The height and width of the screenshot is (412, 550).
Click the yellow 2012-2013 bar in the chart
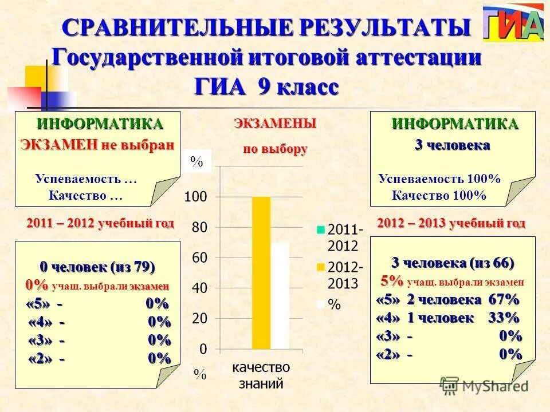pos(261,272)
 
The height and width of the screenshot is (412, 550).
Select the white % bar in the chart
pos(280,295)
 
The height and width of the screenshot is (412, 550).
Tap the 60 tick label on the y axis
pos(199,258)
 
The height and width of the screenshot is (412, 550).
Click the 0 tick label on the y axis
pos(203,348)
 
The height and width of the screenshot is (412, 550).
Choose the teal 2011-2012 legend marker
pos(321,230)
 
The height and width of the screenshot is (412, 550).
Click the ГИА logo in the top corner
pos(513,23)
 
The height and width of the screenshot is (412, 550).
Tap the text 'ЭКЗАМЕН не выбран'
pos(97,144)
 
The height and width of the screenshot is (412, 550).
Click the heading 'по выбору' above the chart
pos(276,149)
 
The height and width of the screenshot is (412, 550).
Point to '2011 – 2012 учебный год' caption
pos(100,223)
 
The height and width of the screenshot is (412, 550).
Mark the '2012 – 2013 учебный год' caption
pos(451,223)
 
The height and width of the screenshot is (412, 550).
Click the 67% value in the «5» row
pos(504,299)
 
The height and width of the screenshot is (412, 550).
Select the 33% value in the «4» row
pos(504,318)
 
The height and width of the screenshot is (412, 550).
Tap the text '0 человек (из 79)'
pos(97,267)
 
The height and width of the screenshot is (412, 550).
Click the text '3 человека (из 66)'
pos(453,263)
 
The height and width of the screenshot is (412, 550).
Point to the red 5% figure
pos(392,281)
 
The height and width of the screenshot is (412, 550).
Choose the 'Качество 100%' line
pos(439,196)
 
